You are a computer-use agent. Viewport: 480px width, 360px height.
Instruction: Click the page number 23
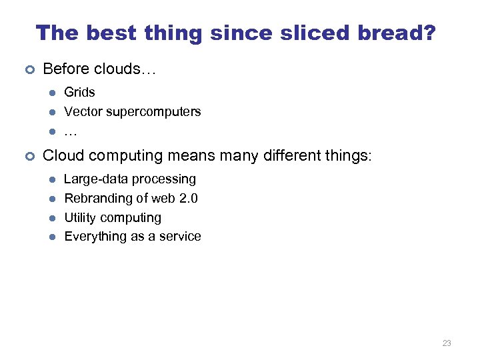(446, 343)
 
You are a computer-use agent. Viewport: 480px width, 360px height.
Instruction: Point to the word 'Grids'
(79, 93)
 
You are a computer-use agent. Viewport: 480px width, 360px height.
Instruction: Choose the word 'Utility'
(81, 218)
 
